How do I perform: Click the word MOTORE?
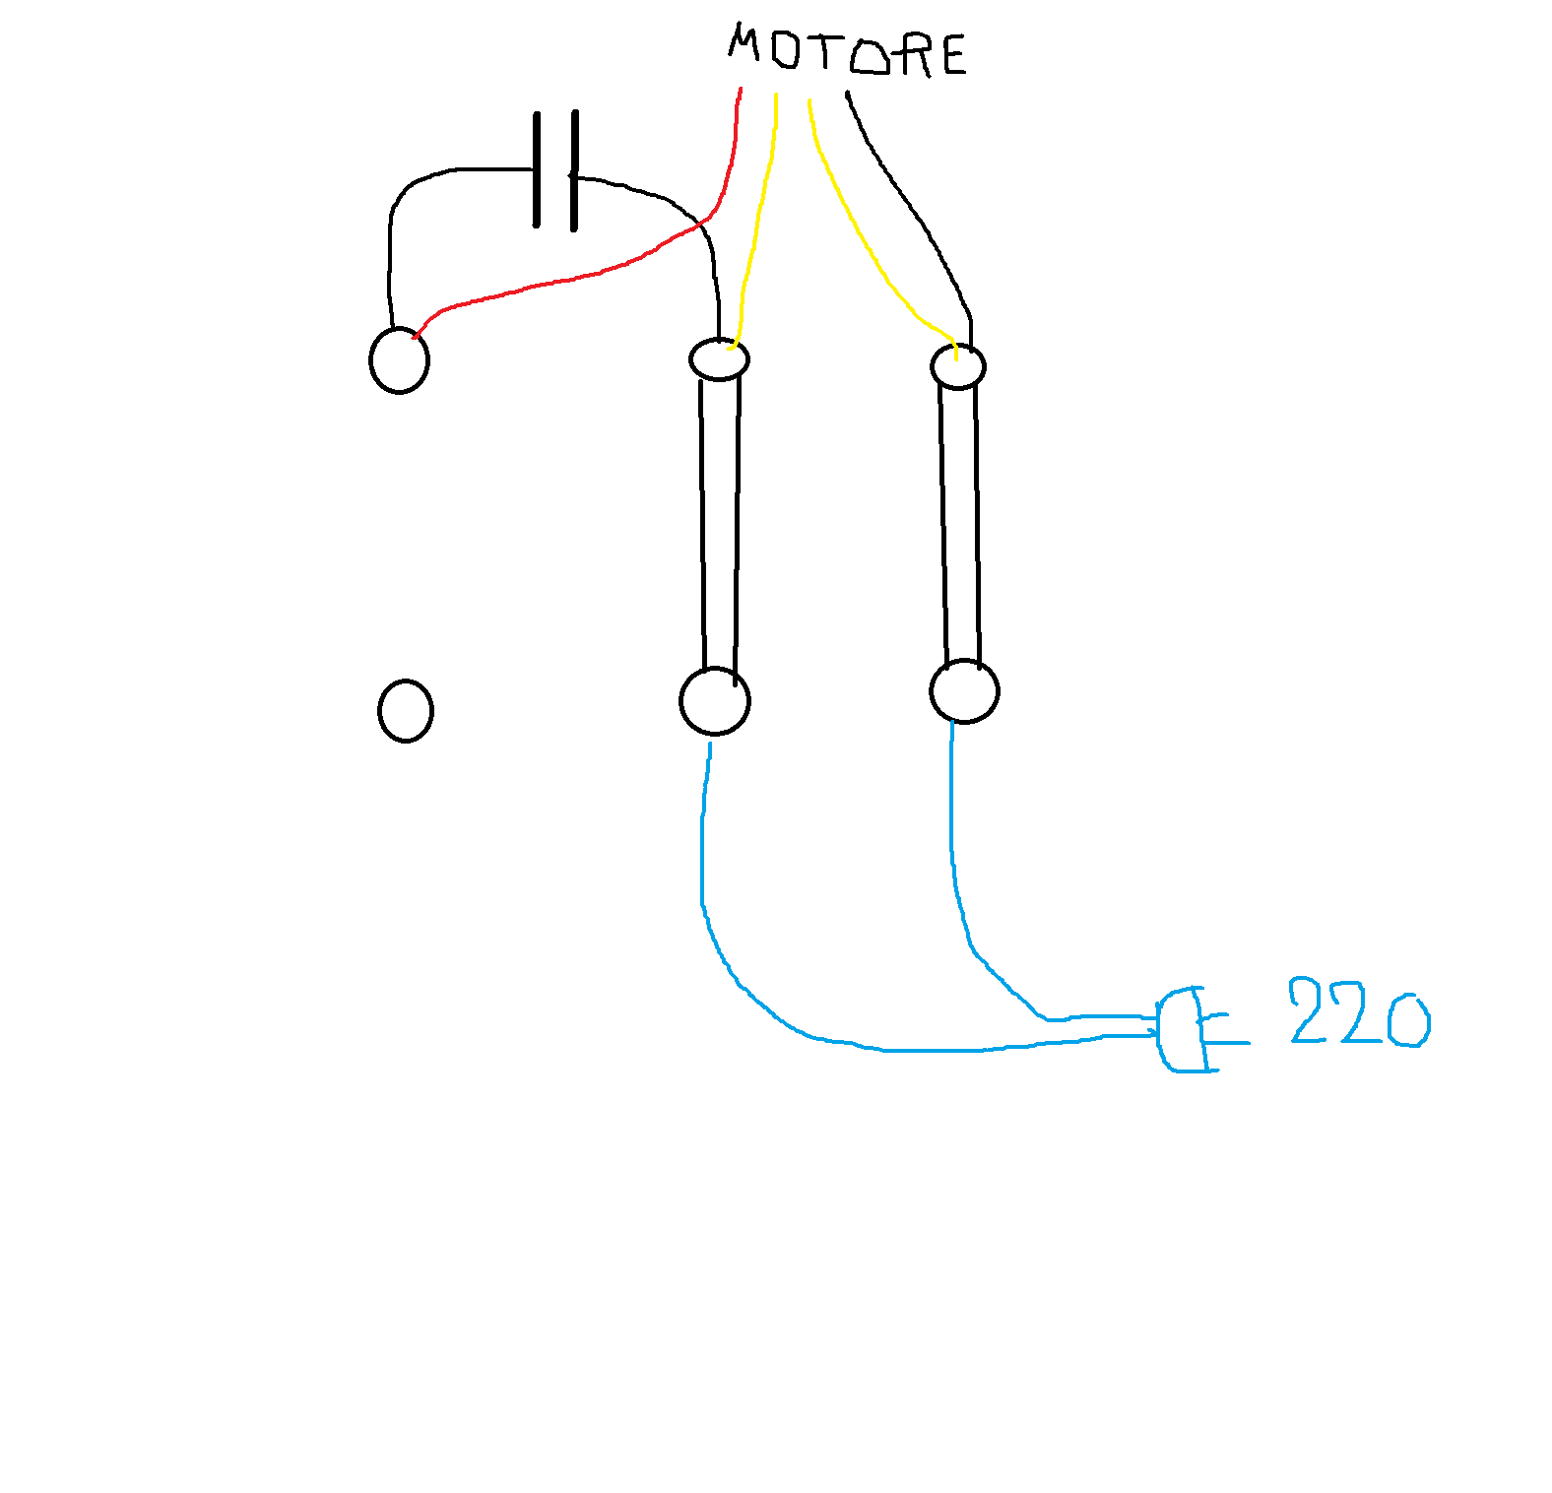[x=847, y=51]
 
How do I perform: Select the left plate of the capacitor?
[x=537, y=169]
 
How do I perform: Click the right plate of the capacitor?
[x=574, y=170]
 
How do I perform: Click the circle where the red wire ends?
[x=399, y=360]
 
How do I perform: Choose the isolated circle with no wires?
[x=406, y=710]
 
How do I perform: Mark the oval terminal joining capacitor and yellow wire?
[x=719, y=359]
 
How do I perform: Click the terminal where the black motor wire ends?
[x=957, y=367]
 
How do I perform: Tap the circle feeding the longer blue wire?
[x=715, y=701]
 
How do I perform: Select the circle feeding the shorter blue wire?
[x=964, y=690]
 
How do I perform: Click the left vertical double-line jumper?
[x=720, y=527]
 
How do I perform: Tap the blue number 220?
[x=1359, y=1012]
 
